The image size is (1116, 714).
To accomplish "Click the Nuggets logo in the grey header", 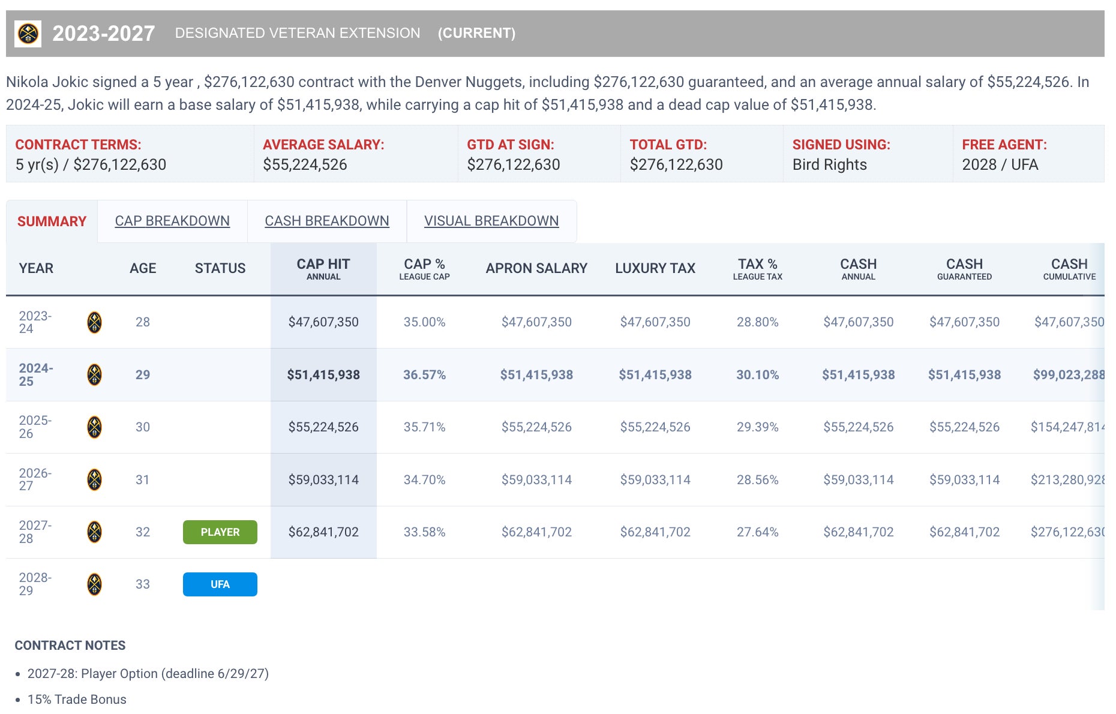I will [x=28, y=34].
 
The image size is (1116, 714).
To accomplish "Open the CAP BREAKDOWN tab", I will [x=172, y=221].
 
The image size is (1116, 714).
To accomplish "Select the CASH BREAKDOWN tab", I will [x=327, y=221].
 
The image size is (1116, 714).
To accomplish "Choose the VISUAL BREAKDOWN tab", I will [x=491, y=221].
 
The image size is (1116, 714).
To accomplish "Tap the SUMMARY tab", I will [x=52, y=221].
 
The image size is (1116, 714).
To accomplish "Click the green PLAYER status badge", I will [x=220, y=532].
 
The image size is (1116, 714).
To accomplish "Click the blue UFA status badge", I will [x=220, y=584].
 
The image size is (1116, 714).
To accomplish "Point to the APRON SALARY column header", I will [x=536, y=268].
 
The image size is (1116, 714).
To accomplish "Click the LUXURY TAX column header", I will [x=655, y=268].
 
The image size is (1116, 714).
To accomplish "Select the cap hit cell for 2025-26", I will [x=323, y=427].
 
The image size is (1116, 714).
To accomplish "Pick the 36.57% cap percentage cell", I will [x=424, y=375].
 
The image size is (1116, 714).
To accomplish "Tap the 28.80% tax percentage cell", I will [x=757, y=322].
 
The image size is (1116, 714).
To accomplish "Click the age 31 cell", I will [x=142, y=480].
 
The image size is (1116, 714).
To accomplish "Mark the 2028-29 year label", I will [x=35, y=584].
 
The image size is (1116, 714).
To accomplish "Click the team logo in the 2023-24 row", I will [x=94, y=322].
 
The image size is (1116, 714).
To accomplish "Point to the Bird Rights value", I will [x=829, y=164].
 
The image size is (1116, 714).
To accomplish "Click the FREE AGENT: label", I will [x=1004, y=145].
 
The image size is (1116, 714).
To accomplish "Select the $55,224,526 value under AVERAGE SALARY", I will [x=305, y=164].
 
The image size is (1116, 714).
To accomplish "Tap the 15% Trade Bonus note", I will [x=77, y=700].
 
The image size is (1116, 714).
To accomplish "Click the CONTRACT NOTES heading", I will [x=70, y=646].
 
